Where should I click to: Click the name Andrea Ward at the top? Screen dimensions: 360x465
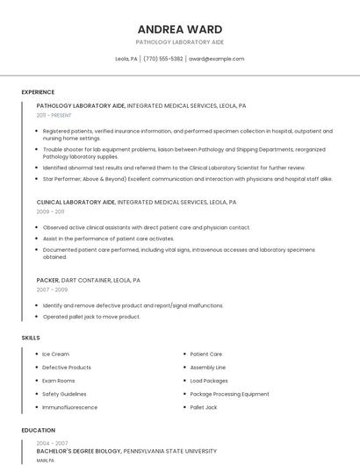pyautogui.click(x=180, y=29)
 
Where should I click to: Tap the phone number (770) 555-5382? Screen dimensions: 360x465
pyautogui.click(x=163, y=59)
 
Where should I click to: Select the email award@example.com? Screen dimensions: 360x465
pyautogui.click(x=216, y=59)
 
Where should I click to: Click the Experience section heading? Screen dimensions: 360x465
pyautogui.click(x=38, y=92)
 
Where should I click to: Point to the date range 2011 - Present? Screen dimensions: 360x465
pyautogui.click(x=54, y=115)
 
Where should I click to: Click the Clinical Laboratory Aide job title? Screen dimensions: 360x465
pyautogui.click(x=76, y=202)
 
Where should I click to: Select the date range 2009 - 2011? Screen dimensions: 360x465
pyautogui.click(x=50, y=211)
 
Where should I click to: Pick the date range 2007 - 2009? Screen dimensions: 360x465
pyautogui.click(x=52, y=290)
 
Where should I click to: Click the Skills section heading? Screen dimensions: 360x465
pyautogui.click(x=31, y=338)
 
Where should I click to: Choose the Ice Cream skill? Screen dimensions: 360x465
pyautogui.click(x=55, y=354)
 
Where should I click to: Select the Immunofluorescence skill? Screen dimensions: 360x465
pyautogui.click(x=69, y=407)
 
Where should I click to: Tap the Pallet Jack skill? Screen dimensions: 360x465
pyautogui.click(x=203, y=407)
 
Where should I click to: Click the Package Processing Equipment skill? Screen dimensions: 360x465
pyautogui.click(x=229, y=394)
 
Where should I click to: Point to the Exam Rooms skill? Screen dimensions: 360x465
pyautogui.click(x=59, y=381)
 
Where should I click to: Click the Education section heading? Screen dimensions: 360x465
pyautogui.click(x=39, y=431)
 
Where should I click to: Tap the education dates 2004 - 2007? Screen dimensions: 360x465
pyautogui.click(x=52, y=442)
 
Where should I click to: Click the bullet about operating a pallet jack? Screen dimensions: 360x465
pyautogui.click(x=91, y=317)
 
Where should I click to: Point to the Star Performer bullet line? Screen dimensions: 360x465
pyautogui.click(x=187, y=178)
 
